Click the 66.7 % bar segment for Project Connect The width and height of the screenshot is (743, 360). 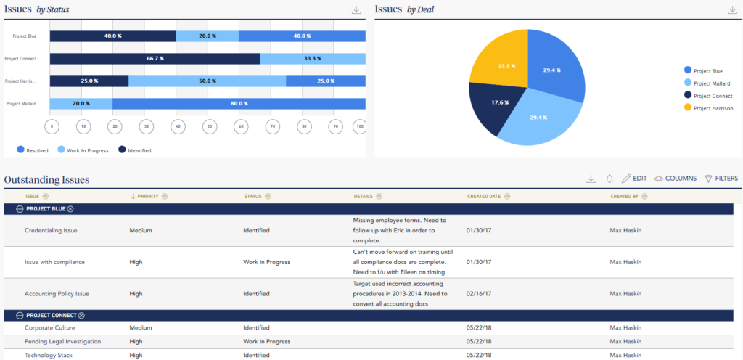(x=155, y=59)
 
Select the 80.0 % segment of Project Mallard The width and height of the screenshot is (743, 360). (x=239, y=104)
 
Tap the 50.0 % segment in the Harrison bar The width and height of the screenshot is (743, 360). (x=207, y=81)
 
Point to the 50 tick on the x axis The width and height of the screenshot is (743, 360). (x=208, y=127)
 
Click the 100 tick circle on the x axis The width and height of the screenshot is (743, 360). (x=358, y=127)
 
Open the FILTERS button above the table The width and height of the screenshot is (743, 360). (x=721, y=179)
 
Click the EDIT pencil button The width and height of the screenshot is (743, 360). (x=634, y=179)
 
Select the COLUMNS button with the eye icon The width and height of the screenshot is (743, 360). (x=676, y=179)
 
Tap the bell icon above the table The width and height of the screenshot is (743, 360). (x=609, y=179)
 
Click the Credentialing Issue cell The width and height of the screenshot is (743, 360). (x=51, y=231)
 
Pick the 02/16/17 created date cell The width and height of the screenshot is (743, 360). (x=477, y=294)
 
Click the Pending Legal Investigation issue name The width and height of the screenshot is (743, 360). (x=63, y=341)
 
